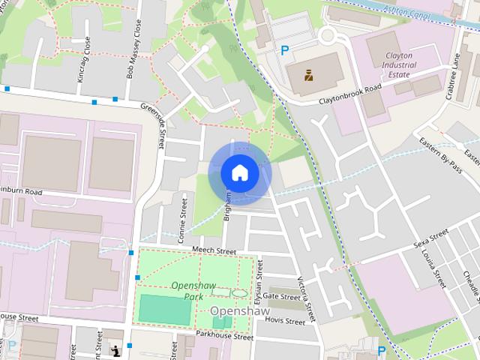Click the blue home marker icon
pyautogui.click(x=239, y=172)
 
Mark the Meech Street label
pyautogui.click(x=214, y=251)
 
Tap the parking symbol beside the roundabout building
pyautogui.click(x=284, y=51)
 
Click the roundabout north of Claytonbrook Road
pyautogui.click(x=329, y=35)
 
